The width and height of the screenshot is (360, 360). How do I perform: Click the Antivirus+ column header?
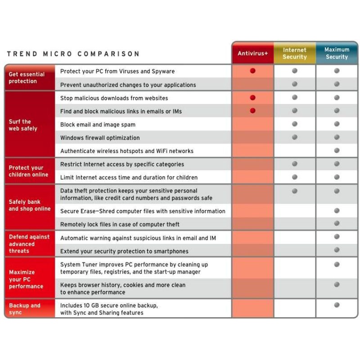click(252, 54)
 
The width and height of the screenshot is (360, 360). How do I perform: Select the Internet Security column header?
click(295, 54)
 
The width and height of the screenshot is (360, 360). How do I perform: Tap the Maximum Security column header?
click(337, 53)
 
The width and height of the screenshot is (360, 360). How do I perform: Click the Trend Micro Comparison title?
click(73, 54)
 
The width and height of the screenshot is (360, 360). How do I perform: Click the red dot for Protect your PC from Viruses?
click(252, 71)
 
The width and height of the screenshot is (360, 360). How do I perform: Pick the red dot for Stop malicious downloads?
click(252, 98)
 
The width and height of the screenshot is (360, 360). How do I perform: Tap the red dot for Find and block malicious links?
click(252, 111)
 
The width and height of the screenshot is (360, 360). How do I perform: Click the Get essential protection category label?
click(27, 78)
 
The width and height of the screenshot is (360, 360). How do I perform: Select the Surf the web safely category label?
click(23, 125)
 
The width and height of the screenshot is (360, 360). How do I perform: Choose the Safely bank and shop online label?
click(30, 205)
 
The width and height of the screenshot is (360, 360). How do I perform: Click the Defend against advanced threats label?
click(29, 244)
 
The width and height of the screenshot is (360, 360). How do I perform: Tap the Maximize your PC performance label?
click(26, 279)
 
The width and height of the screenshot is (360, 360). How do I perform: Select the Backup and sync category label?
click(25, 309)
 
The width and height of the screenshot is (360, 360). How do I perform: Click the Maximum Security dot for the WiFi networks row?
click(337, 150)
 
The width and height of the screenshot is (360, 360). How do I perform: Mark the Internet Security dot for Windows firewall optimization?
click(295, 137)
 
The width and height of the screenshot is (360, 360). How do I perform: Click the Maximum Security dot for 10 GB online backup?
click(337, 305)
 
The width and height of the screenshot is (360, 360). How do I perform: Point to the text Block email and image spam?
click(98, 125)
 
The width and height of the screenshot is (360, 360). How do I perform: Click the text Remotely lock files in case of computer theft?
click(120, 225)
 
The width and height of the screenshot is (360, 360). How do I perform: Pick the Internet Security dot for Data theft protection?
click(295, 191)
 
